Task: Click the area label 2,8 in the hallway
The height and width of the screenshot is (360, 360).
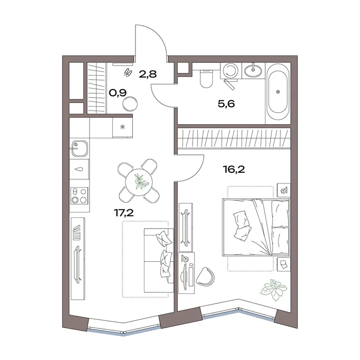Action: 148,74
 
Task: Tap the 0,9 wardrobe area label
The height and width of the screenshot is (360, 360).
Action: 117,93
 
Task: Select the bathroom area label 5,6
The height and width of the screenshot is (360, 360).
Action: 226,104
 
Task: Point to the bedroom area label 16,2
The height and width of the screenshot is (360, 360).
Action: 234,170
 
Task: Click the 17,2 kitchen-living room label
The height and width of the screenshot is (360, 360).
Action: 124,213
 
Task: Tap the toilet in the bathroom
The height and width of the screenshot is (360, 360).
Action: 206,78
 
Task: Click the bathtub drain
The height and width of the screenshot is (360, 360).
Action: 278,92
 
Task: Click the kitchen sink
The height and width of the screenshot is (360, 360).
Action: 80,148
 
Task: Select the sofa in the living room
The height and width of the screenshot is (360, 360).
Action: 159,261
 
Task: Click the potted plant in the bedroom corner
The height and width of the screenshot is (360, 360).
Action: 273,289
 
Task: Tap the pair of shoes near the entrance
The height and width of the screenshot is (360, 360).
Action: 128,72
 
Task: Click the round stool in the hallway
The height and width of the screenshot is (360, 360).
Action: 130,104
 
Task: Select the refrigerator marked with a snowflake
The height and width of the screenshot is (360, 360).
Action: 122,128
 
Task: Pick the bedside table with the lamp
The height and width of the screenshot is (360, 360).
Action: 284,190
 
